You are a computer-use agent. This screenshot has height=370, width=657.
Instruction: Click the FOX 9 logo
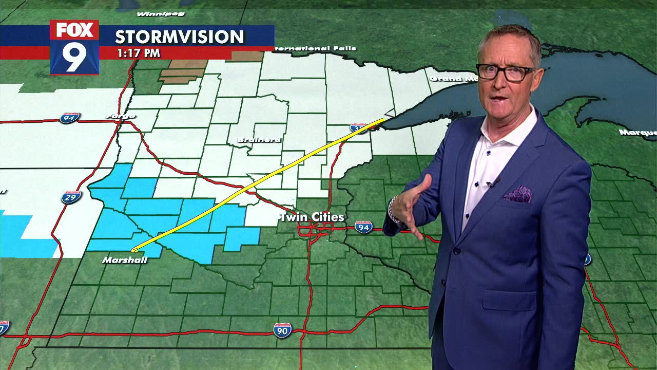tap(74, 47)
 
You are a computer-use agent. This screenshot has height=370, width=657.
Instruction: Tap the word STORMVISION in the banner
tap(179, 37)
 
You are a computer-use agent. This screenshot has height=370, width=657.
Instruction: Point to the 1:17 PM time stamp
tap(139, 53)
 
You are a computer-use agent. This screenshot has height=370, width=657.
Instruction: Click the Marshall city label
tap(125, 260)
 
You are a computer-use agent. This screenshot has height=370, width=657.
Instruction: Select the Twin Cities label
tap(312, 217)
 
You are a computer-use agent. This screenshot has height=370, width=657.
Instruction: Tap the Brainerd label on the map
tap(259, 140)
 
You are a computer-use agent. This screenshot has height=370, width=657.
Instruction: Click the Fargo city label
tap(121, 116)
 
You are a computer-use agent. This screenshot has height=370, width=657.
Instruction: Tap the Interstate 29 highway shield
tap(71, 197)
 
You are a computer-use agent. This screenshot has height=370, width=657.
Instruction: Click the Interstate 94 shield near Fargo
tap(69, 118)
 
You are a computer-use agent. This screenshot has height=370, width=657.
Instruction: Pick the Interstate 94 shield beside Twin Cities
tap(363, 227)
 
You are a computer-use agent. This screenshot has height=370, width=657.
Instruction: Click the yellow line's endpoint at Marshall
tap(133, 250)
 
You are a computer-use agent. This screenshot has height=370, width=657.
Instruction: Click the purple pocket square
tap(517, 194)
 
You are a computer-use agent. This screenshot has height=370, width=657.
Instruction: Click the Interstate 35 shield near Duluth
tap(359, 127)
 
